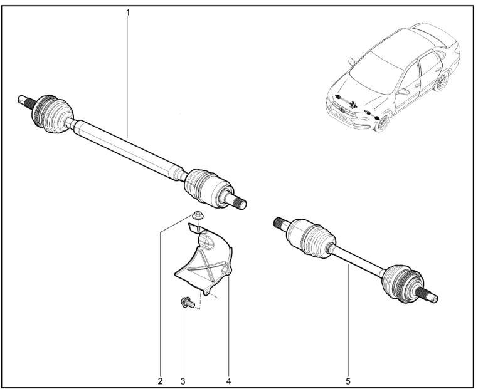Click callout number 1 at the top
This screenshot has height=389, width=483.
click(x=127, y=13)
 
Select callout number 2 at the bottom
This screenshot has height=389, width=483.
click(x=160, y=381)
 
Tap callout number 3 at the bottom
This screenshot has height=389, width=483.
click(x=183, y=381)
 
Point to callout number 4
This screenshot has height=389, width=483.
click(x=228, y=381)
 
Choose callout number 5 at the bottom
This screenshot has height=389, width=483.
click(x=348, y=381)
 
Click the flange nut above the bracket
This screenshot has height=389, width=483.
click(x=197, y=215)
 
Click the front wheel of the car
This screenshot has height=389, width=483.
click(x=383, y=123)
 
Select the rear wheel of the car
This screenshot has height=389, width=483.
click(x=441, y=81)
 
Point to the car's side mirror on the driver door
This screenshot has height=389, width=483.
click(x=403, y=91)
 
